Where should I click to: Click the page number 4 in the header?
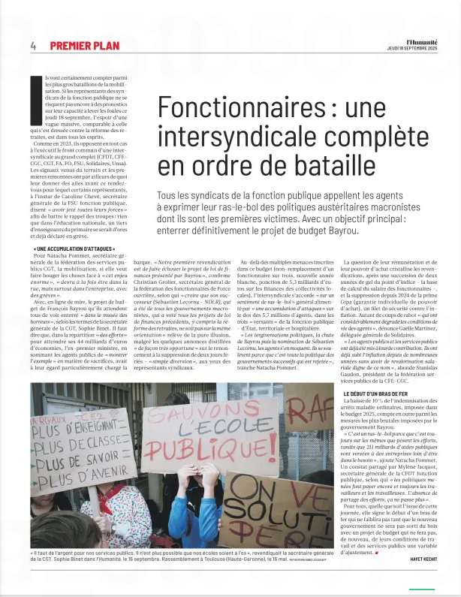coord(33,46)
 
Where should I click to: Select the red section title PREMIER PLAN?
coord(84,46)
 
